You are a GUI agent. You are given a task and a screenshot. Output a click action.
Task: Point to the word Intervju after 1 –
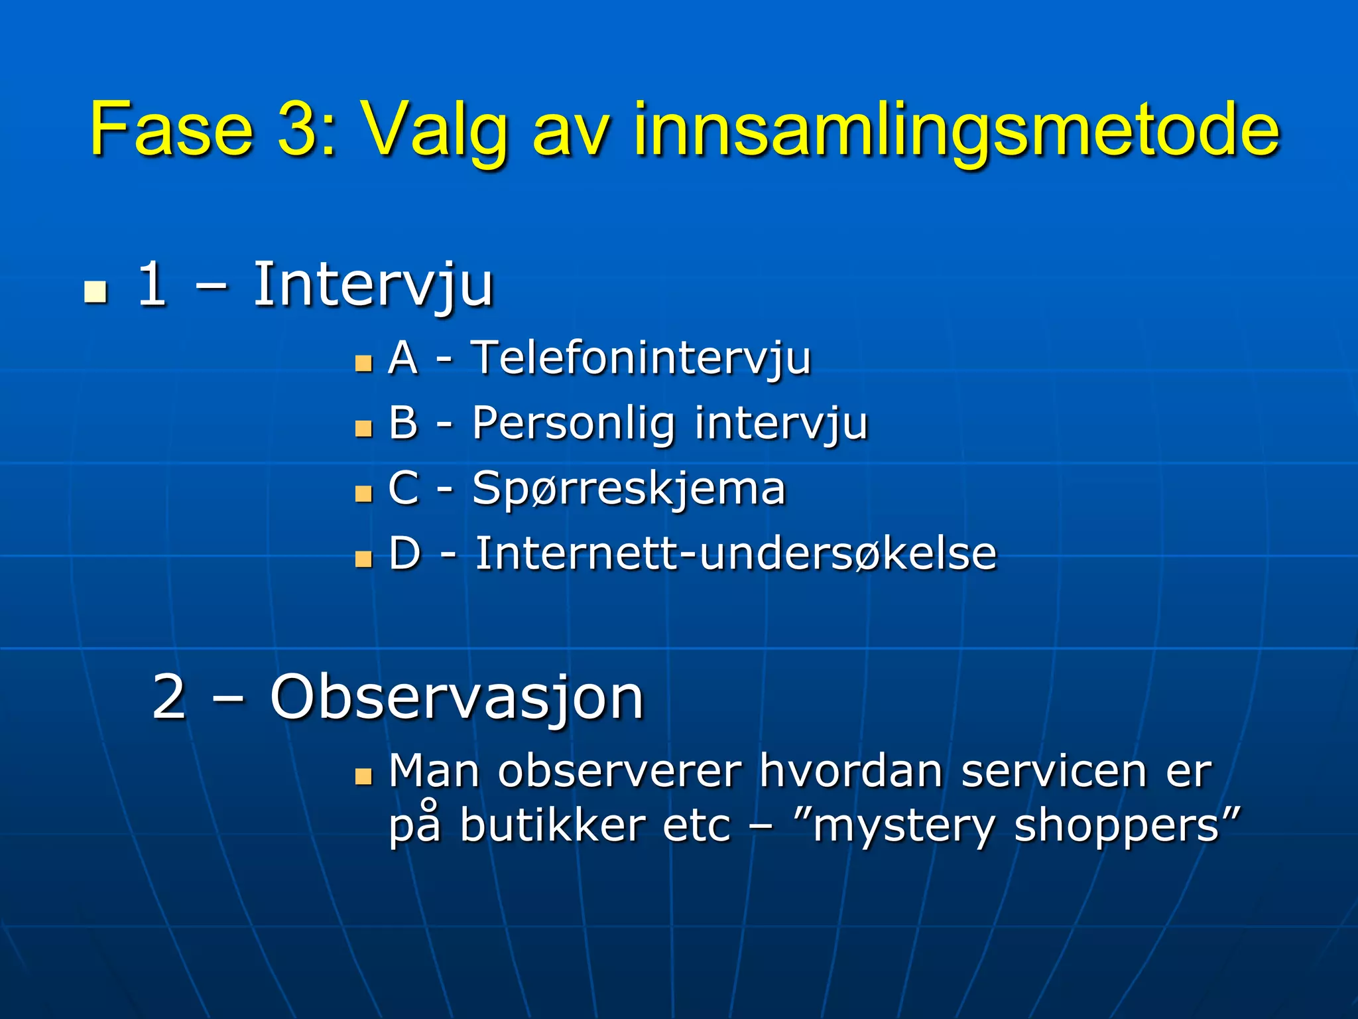tap(373, 285)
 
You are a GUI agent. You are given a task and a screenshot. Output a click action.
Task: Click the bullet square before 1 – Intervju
tap(96, 291)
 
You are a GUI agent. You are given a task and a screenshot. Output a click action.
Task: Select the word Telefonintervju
tap(641, 358)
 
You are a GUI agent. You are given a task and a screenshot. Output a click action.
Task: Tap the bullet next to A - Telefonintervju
tap(363, 364)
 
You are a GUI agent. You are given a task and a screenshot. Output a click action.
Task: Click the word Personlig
tap(574, 424)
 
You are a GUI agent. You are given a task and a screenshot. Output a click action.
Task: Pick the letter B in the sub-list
tap(403, 423)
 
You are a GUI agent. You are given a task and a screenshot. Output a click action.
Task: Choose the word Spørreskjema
tap(629, 489)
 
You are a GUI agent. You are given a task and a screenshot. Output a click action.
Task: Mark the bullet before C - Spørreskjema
tap(363, 494)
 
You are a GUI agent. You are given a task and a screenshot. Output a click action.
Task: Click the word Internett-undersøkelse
tap(735, 553)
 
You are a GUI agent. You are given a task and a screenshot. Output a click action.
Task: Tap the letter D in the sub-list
tap(404, 553)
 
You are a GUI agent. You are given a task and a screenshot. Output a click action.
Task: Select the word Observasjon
tap(457, 698)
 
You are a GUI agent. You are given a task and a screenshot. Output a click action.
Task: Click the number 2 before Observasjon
tap(168, 697)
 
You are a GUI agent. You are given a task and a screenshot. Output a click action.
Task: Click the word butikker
tap(552, 827)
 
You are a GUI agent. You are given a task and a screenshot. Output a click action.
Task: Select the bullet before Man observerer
tap(363, 776)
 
